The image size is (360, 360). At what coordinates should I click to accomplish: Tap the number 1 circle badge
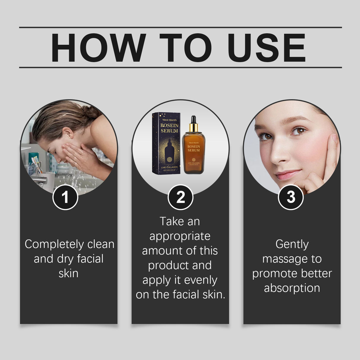click(x=65, y=197)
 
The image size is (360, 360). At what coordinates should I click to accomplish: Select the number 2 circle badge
click(x=180, y=197)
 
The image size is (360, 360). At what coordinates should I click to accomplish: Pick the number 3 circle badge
click(x=291, y=197)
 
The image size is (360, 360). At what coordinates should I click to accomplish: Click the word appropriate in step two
click(x=180, y=236)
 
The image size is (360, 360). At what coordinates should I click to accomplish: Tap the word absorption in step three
click(x=292, y=288)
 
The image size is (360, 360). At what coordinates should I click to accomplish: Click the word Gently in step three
click(x=292, y=244)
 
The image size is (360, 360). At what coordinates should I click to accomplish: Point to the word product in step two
click(x=168, y=265)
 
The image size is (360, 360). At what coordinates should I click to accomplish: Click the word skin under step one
click(x=69, y=273)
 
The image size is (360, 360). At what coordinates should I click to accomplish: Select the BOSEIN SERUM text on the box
click(x=169, y=128)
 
